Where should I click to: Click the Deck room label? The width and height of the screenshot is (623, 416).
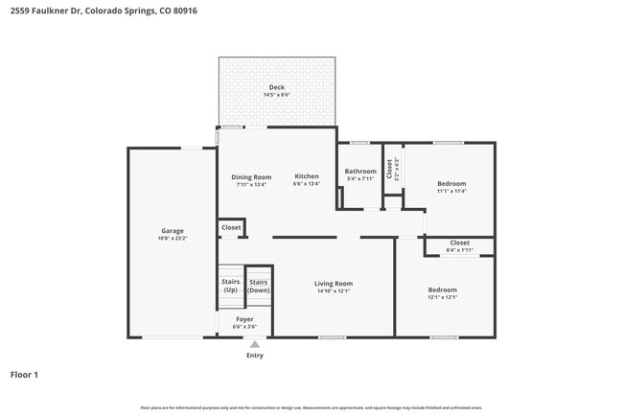click(x=276, y=87)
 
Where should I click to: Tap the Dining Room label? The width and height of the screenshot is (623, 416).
click(x=251, y=176)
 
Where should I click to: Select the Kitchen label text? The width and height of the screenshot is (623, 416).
click(x=307, y=176)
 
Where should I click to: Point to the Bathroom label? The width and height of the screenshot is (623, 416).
click(x=360, y=172)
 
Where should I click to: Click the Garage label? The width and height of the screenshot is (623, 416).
click(x=173, y=231)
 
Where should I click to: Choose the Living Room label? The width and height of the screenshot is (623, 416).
click(x=334, y=283)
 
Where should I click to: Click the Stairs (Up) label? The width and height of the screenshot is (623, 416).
click(x=230, y=286)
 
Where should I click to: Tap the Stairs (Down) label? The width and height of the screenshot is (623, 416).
click(x=259, y=286)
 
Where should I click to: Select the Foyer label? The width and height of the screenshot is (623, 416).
click(x=244, y=317)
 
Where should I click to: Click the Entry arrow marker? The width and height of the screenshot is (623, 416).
click(x=254, y=343)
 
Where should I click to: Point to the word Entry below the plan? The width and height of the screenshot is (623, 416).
click(x=254, y=356)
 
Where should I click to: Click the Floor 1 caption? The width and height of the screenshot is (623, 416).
click(x=24, y=375)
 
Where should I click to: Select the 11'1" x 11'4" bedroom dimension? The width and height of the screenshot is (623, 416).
click(x=451, y=191)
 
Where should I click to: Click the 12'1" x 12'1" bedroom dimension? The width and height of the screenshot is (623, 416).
click(x=442, y=297)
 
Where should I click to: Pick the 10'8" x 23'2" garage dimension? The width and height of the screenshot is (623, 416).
click(x=173, y=239)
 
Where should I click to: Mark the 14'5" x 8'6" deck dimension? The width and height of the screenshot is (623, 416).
click(x=276, y=95)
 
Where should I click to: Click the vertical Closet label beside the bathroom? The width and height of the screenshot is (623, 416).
click(x=389, y=169)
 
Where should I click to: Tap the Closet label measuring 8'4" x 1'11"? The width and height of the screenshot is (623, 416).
click(x=459, y=243)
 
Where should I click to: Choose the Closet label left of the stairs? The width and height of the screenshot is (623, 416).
click(x=231, y=227)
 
